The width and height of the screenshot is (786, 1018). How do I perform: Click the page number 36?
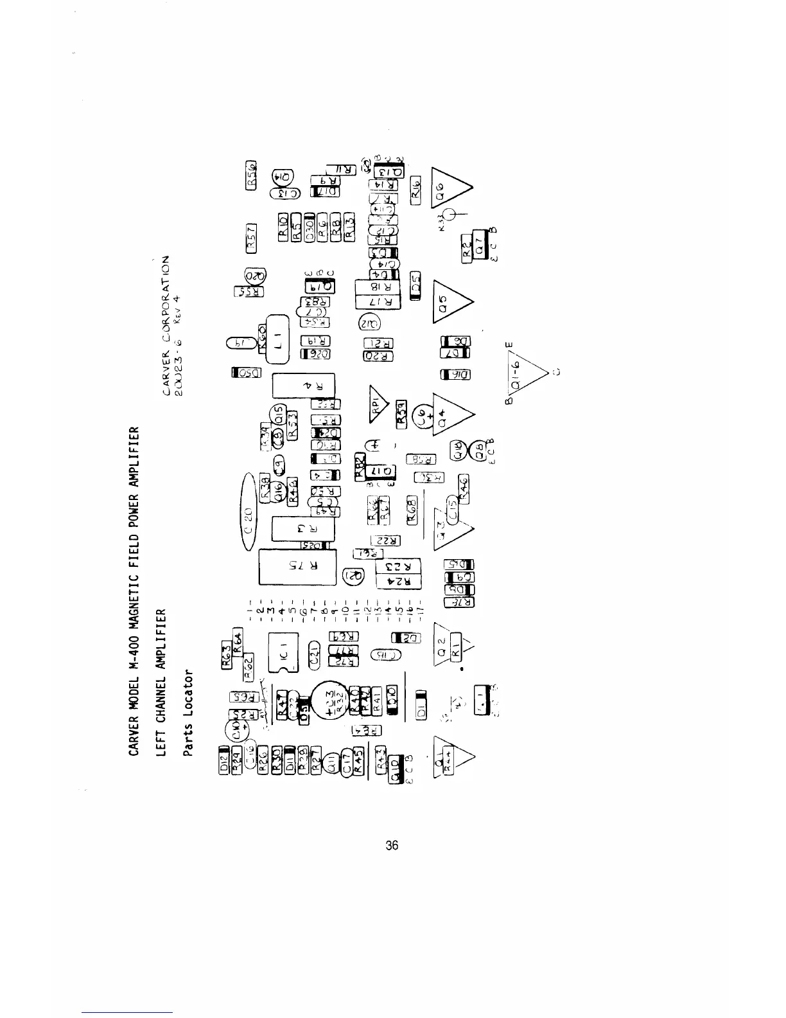392,845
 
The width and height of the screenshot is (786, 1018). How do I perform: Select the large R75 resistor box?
297,567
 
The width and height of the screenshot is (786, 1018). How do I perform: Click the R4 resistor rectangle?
304,386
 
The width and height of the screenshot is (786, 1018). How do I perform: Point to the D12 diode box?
223,762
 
